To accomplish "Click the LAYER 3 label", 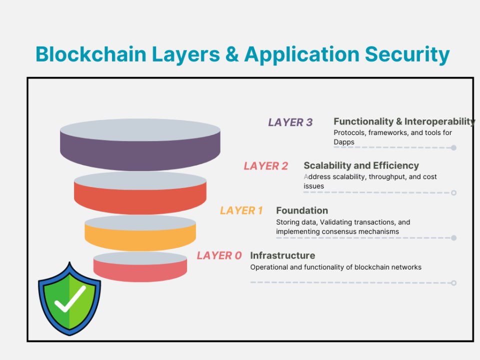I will pos(290,122).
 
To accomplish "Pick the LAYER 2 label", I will pos(266,166).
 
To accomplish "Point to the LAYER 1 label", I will pos(241,210).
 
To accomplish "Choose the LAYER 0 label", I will pos(219,255).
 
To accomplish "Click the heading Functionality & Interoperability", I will pos(404,121).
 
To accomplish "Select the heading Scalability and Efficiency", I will pos(361,165).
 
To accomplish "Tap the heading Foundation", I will pos(302,210).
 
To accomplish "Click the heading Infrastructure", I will pos(282,255).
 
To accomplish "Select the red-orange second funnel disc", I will pos(140,197).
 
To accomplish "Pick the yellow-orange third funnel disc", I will pos(140,237).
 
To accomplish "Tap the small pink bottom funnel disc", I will pos(140,270).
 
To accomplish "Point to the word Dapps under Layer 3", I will pos(344,142).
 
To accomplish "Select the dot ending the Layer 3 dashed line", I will pos(453,147).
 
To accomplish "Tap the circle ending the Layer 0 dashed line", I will pos(453,283).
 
